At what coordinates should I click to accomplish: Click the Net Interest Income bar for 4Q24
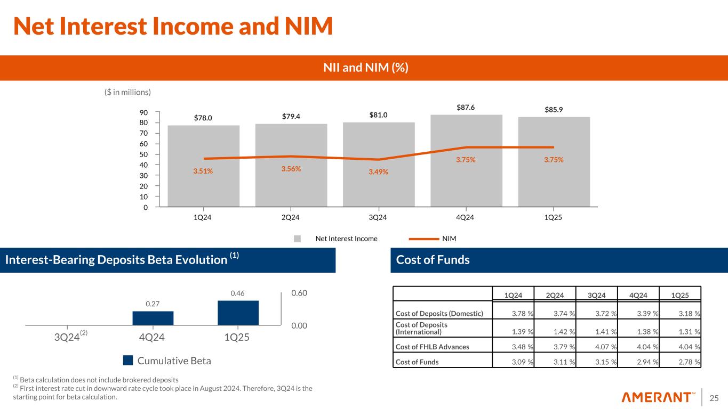466,160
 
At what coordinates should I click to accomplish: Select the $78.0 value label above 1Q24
203,118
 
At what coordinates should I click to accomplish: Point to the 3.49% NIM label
378,172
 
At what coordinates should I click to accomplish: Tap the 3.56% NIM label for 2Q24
290,169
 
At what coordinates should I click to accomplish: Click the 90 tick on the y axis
145,112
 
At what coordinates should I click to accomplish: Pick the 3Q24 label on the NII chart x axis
378,217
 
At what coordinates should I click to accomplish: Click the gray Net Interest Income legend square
298,239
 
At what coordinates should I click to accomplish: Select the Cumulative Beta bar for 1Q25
238,313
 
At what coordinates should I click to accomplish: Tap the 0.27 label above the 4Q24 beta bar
153,304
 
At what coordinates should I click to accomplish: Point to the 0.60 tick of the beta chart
300,293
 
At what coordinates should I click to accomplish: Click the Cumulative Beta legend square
127,361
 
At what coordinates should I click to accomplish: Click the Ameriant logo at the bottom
659,397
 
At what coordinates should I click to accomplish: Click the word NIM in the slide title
303,27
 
